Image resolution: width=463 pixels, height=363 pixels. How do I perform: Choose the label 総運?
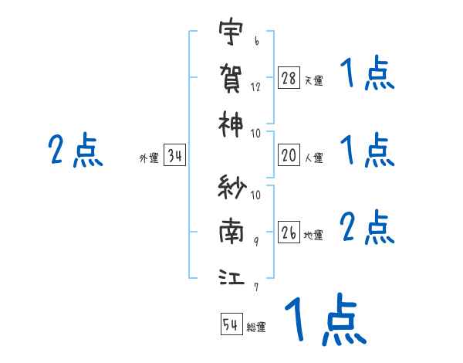(256, 327)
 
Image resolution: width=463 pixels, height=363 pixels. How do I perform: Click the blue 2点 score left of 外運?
(76, 150)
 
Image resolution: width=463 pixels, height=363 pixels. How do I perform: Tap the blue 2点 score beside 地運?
(367, 228)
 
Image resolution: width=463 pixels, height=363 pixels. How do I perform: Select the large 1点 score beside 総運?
(324, 319)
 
